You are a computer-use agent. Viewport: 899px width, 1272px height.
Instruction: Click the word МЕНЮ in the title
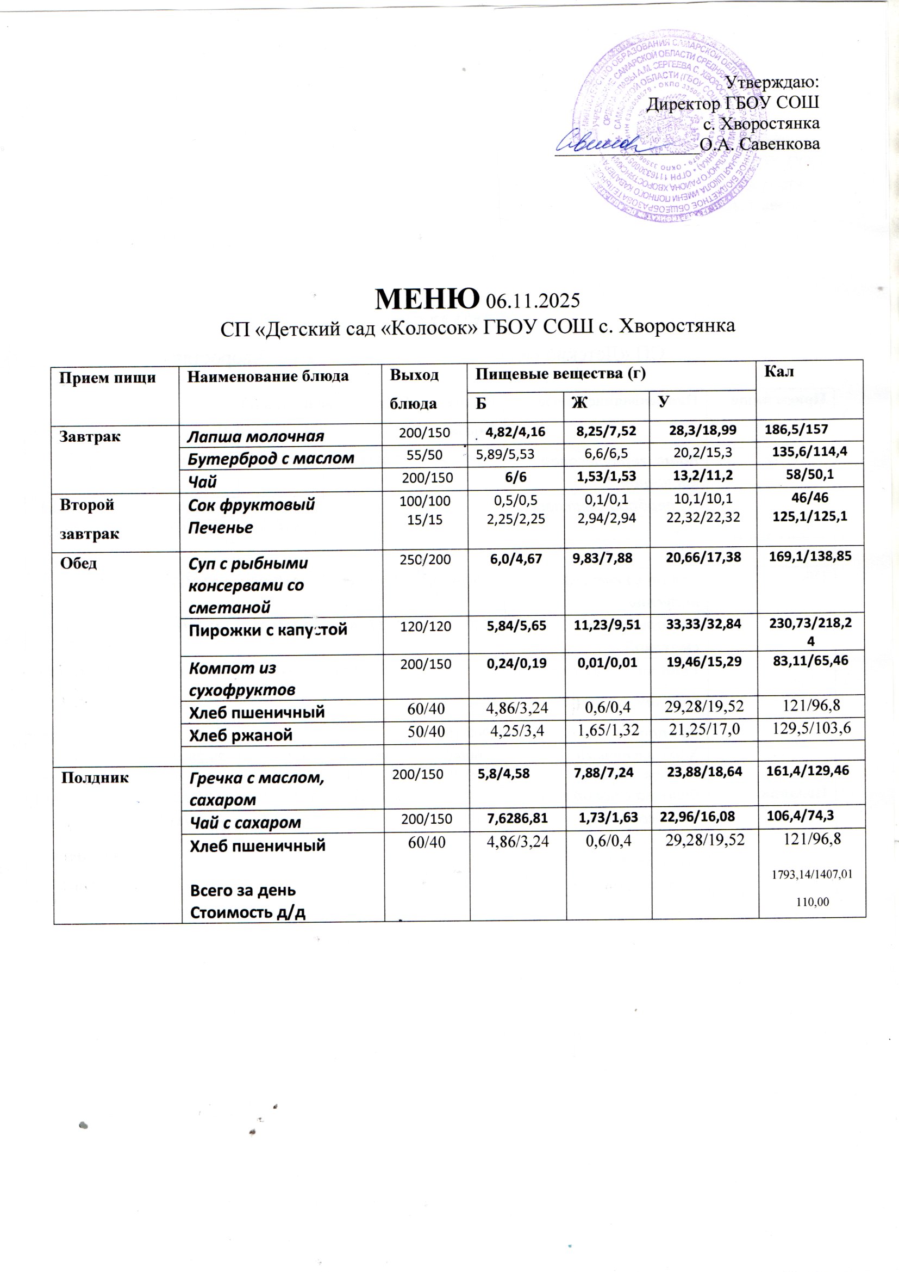426,299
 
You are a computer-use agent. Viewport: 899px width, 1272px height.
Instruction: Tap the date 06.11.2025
532,301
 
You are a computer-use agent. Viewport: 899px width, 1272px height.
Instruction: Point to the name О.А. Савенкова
759,144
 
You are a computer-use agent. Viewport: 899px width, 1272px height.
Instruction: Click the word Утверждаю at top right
772,83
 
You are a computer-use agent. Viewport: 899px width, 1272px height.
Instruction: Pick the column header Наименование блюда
268,376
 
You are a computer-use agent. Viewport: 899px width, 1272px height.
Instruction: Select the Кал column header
778,372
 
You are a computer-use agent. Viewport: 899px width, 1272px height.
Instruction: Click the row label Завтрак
90,436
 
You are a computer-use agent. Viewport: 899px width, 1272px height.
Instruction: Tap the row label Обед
79,564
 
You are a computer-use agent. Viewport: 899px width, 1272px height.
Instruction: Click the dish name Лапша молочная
255,436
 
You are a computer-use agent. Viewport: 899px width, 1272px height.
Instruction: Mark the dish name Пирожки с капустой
268,630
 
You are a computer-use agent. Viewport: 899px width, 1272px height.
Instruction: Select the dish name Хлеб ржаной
240,735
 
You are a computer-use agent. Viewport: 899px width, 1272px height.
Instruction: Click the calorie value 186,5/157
796,429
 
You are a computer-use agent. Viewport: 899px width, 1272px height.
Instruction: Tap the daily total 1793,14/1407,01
811,874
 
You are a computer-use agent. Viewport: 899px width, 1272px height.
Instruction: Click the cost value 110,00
812,902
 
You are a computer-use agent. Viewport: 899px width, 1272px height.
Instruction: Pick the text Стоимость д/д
247,912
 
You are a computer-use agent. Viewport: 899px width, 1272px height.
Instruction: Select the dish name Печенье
220,527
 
